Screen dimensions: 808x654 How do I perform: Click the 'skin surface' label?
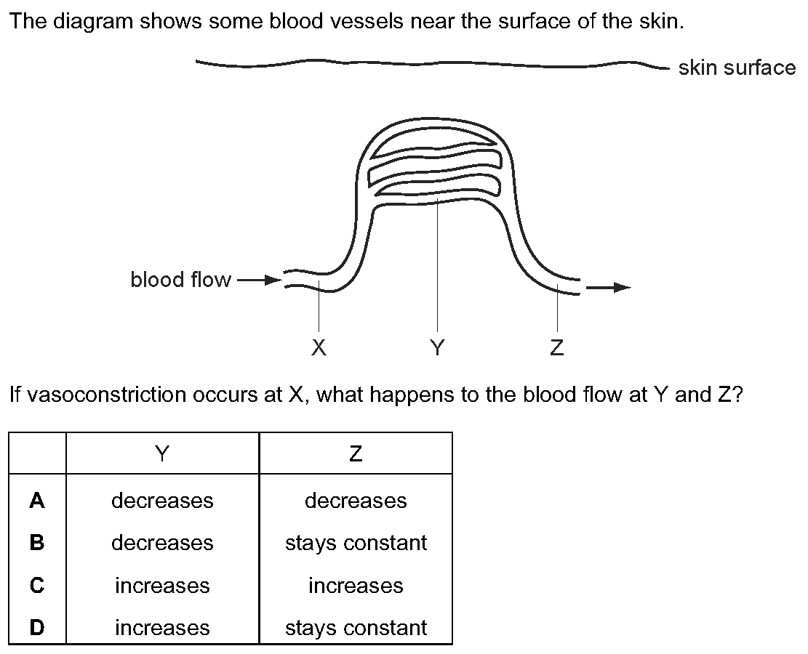pos(737,68)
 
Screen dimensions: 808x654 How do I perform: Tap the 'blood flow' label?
pos(180,280)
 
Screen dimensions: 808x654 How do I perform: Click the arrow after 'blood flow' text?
pos(259,280)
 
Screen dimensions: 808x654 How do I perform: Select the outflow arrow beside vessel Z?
pos(609,287)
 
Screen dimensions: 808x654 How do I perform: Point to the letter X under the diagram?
pos(319,347)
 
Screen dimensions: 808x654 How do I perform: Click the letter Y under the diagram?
pos(438,347)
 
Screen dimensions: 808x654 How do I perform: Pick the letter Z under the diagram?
pos(557,347)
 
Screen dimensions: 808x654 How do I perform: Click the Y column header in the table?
pos(162,453)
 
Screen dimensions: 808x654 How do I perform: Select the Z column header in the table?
pos(356,453)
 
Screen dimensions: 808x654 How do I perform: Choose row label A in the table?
pos(37,500)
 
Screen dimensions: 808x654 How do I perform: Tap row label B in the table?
pos(37,542)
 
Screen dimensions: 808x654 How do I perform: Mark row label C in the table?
pos(37,585)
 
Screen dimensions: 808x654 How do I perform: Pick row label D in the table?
pos(37,627)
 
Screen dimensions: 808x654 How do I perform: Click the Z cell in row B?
pos(356,543)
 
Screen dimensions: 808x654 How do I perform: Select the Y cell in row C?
pos(162,586)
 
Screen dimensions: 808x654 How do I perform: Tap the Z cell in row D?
pos(356,628)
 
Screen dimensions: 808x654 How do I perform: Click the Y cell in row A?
pos(162,501)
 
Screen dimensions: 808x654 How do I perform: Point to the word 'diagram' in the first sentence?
pos(95,22)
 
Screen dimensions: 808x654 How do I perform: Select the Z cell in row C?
pos(356,586)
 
